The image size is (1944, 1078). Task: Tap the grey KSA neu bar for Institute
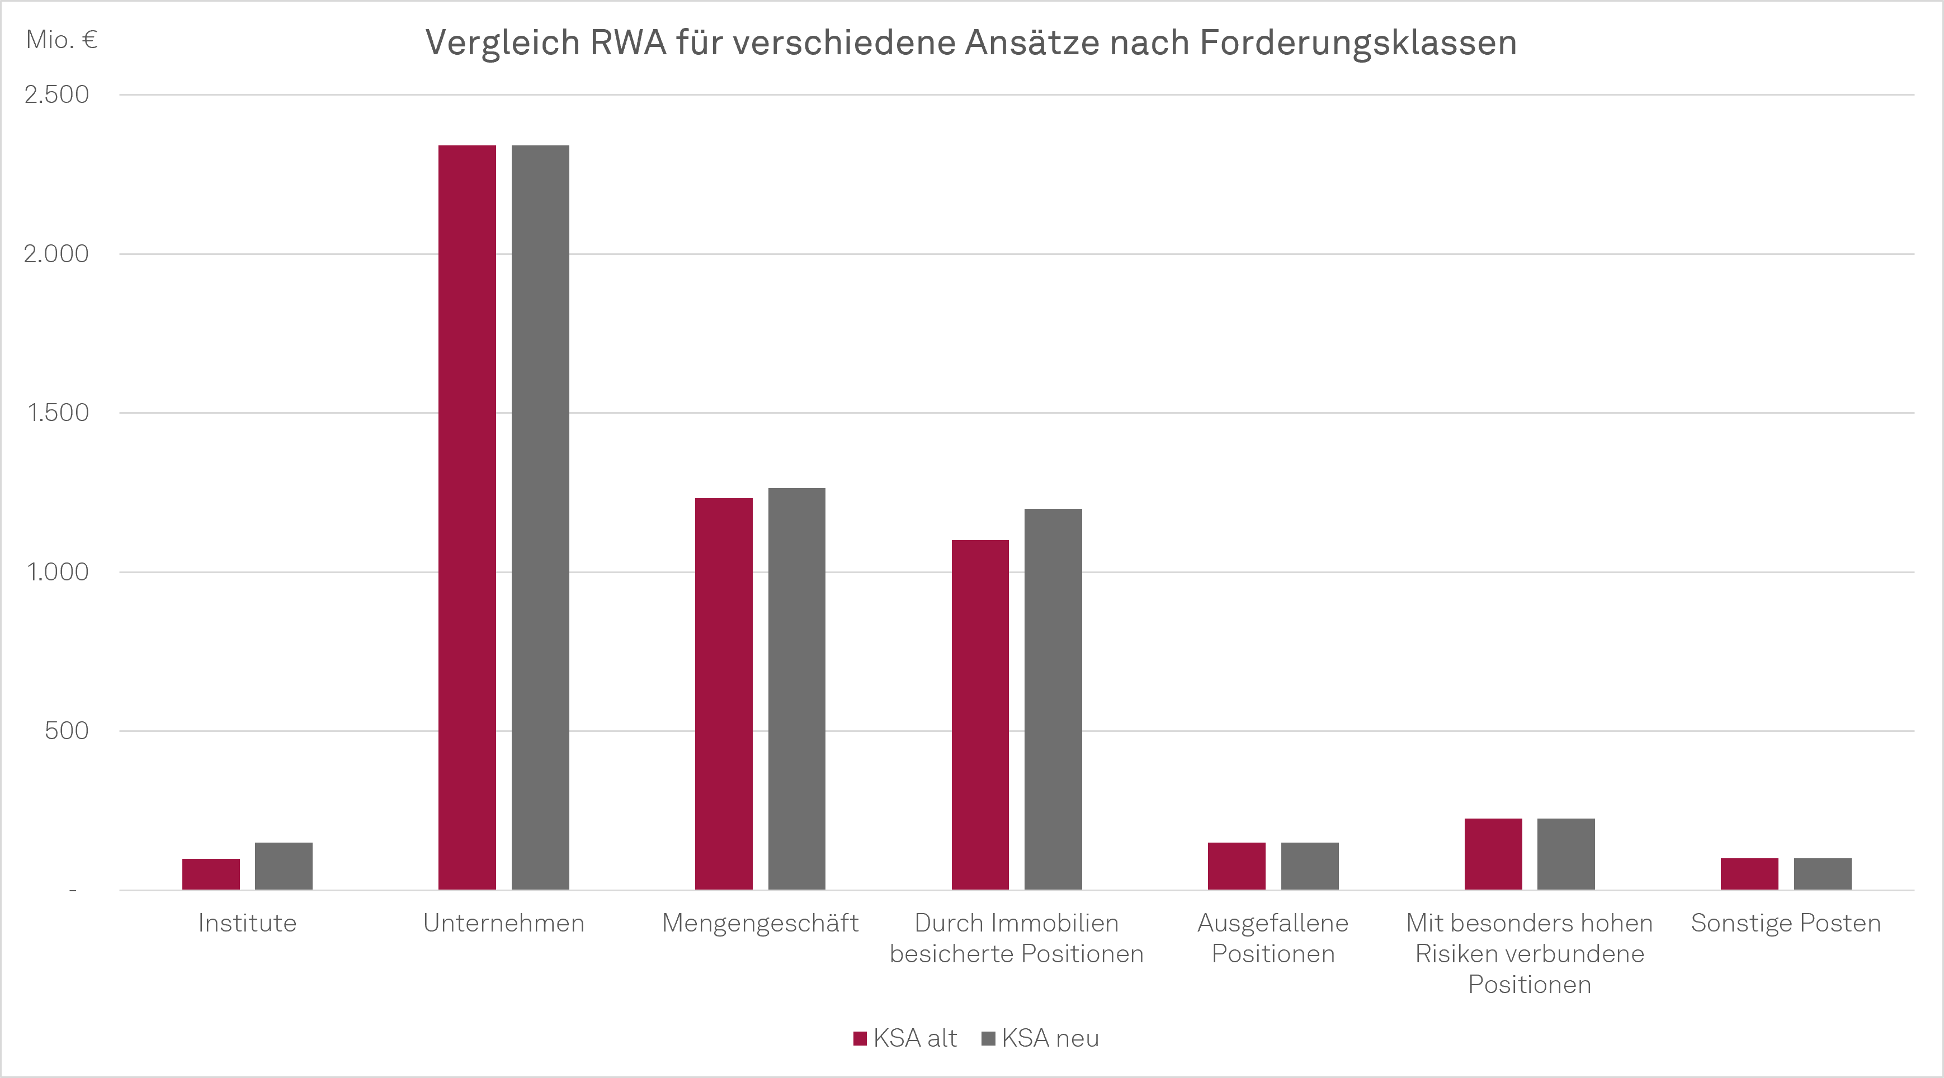pyautogui.click(x=284, y=866)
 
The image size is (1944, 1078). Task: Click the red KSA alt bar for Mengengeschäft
pyautogui.click(x=724, y=693)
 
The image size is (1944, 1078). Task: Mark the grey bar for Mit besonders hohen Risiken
pyautogui.click(x=1566, y=854)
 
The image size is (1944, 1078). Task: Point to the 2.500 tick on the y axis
pyautogui.click(x=56, y=95)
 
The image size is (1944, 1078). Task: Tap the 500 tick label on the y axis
pyautogui.click(x=67, y=731)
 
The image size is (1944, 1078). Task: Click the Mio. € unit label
pyautogui.click(x=62, y=39)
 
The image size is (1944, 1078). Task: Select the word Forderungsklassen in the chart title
pyautogui.click(x=1358, y=42)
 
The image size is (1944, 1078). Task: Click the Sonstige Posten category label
pyautogui.click(x=1786, y=923)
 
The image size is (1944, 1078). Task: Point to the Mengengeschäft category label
pyautogui.click(x=760, y=923)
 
